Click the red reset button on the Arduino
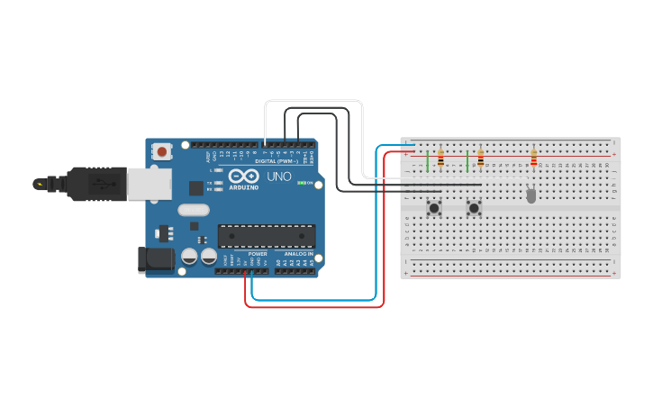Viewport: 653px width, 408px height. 162,151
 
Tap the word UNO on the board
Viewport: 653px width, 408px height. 279,177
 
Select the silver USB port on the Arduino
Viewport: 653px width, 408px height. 149,184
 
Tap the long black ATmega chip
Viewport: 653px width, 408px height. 267,236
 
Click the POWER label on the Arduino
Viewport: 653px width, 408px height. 258,254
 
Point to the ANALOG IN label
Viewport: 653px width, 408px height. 298,254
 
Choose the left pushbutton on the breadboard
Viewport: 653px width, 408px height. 434,208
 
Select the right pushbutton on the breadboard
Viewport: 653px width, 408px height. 474,208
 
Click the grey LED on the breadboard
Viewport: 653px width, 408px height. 531,194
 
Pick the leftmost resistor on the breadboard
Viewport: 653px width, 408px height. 440,159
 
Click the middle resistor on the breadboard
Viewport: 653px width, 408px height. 480,159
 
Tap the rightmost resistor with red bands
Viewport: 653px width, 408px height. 533,159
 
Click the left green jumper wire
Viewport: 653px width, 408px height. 427,161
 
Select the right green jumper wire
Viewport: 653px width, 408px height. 467,163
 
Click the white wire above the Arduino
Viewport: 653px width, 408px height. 313,101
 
